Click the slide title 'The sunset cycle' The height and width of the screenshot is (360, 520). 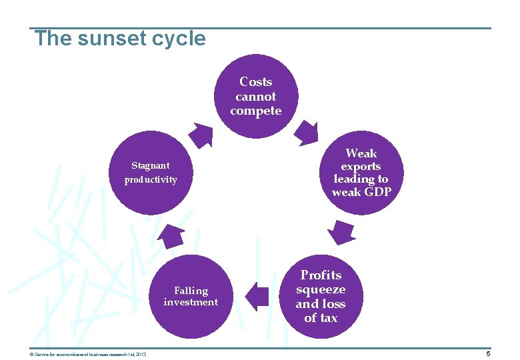(x=121, y=39)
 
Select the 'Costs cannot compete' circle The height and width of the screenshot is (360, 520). (x=256, y=96)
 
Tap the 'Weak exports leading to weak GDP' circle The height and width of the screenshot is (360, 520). (x=361, y=173)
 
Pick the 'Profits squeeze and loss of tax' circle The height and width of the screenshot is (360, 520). (x=321, y=296)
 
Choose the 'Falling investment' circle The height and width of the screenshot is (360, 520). (x=191, y=296)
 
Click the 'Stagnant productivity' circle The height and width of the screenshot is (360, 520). (x=151, y=173)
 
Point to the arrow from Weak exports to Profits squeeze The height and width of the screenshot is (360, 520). (x=341, y=232)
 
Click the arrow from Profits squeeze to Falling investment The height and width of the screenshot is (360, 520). (x=257, y=295)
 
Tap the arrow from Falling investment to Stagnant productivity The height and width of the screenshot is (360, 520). (x=172, y=235)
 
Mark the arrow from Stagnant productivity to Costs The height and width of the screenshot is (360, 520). (x=200, y=134)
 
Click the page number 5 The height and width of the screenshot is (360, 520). (x=488, y=353)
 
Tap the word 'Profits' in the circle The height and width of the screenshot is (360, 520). (x=321, y=275)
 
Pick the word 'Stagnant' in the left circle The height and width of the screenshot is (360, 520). (x=150, y=165)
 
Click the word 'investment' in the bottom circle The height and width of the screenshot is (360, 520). (x=191, y=302)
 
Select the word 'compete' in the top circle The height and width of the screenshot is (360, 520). (x=256, y=111)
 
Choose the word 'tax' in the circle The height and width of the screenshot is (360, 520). (x=329, y=318)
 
